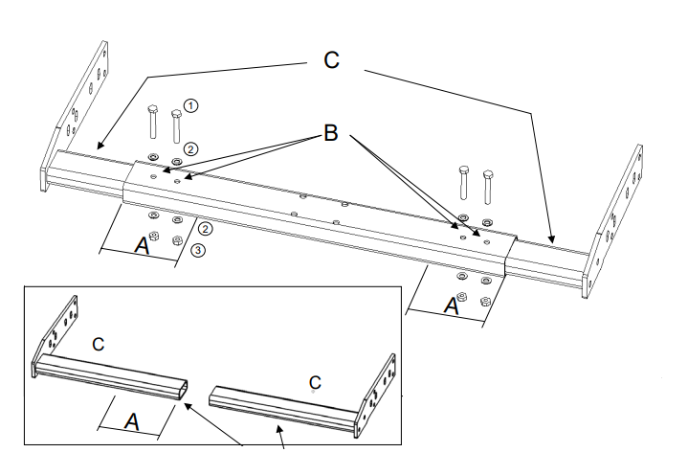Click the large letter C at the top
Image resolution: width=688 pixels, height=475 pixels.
point(331,59)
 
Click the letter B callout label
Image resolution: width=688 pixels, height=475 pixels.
point(331,133)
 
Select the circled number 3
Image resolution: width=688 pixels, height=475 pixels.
point(197,251)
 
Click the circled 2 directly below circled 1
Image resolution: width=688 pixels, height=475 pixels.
point(190,148)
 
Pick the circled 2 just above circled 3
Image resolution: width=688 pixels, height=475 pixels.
point(204,229)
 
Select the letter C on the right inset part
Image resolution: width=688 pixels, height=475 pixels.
point(314,382)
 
